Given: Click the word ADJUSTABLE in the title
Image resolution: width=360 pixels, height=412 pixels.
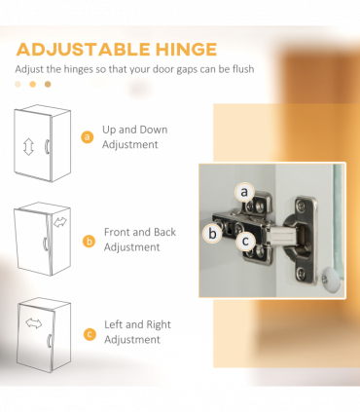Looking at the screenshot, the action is click(x=83, y=50).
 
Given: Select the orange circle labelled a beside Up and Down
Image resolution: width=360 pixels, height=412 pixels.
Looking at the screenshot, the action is click(x=87, y=136).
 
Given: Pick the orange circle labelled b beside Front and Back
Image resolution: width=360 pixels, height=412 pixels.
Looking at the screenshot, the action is click(x=89, y=242).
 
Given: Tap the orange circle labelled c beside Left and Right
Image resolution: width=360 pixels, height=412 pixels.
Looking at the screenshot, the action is click(x=90, y=334).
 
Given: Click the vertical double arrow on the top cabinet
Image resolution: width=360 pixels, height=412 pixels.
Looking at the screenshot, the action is click(x=28, y=147).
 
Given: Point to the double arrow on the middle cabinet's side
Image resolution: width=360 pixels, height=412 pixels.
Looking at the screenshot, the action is click(x=60, y=222).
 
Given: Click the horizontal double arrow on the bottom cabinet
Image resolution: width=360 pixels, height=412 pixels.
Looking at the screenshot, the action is click(x=34, y=323).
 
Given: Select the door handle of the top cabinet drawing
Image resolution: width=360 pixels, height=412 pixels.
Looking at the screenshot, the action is click(x=47, y=146).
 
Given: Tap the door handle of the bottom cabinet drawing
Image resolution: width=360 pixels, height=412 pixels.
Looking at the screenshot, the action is click(x=50, y=341).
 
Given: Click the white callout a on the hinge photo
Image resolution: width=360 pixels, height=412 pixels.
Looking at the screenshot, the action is click(x=244, y=192).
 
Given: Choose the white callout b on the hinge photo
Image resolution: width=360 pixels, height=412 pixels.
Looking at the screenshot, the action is click(x=212, y=234).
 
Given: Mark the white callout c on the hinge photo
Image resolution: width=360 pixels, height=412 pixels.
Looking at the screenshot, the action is click(x=245, y=241).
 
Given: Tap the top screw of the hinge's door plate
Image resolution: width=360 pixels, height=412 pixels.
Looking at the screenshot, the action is click(x=302, y=206).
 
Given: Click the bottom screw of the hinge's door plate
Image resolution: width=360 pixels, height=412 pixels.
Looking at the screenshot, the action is click(x=302, y=273).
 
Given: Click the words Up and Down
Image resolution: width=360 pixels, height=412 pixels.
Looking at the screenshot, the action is click(x=135, y=130).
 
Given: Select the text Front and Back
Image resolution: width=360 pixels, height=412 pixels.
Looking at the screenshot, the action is click(x=140, y=232).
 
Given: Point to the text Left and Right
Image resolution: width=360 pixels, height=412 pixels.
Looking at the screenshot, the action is click(x=137, y=324).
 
